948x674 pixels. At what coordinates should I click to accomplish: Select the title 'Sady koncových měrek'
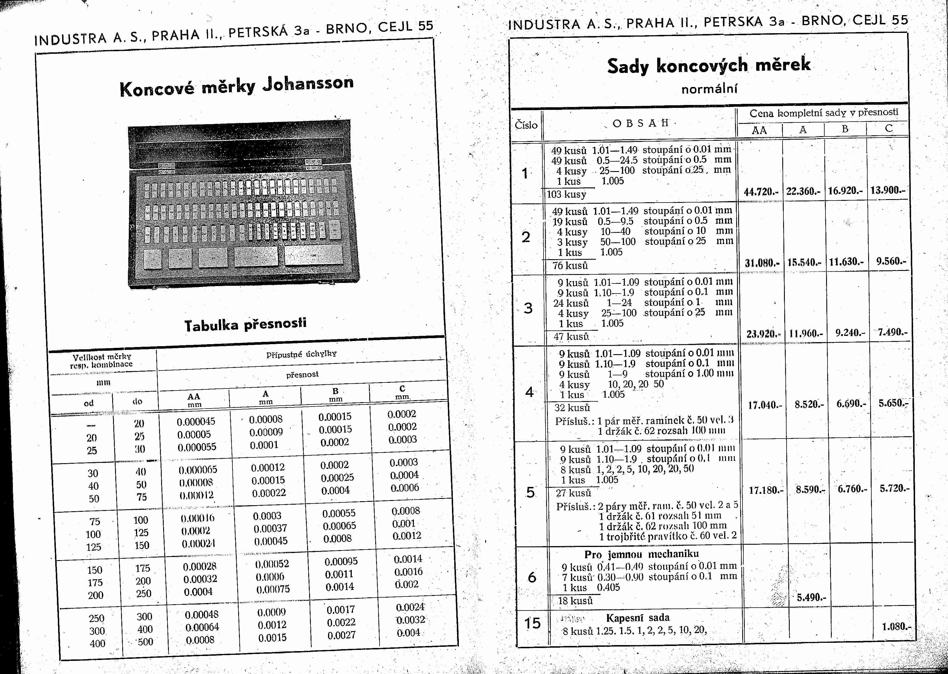tap(708, 65)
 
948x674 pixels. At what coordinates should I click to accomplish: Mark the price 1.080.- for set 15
tap(896, 626)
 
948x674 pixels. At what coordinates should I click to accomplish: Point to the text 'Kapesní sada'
tap(637, 618)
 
